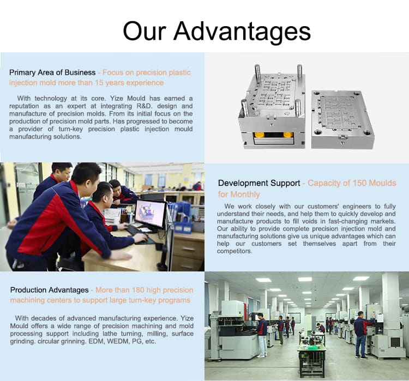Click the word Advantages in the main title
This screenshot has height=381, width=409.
pos(242,32)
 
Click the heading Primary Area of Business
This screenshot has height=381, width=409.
pos(52,72)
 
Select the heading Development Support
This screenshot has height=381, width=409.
pos(259,183)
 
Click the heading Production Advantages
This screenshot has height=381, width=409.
pos(50,290)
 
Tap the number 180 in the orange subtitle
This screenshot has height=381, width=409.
pos(138,290)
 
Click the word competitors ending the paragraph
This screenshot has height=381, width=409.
pos(234,251)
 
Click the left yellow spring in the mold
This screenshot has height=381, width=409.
pos(259,135)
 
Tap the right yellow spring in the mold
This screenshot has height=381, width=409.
pos(288,135)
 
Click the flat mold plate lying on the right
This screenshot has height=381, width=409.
pos(342,119)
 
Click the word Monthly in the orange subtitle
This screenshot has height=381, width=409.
pos(245,195)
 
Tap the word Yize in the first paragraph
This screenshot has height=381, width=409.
pos(117,99)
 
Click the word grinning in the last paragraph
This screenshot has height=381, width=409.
pos(73,342)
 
